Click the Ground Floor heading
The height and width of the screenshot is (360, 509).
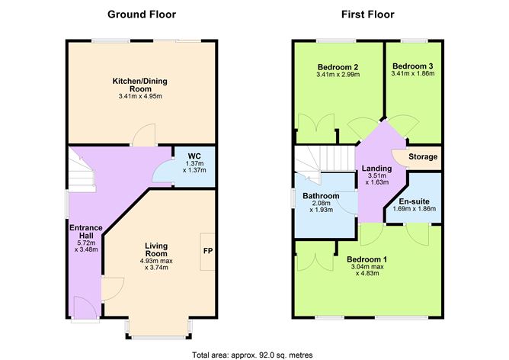[x=142, y=14]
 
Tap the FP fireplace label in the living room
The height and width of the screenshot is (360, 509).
[x=207, y=250]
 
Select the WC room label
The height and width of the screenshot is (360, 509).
[x=194, y=156]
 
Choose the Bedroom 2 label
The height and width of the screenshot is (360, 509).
[x=338, y=66]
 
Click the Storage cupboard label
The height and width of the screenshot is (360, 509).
[x=423, y=157]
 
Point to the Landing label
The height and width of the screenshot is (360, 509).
[x=376, y=169]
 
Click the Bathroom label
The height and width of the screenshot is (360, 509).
[x=321, y=196]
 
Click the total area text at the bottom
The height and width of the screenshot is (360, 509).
[x=252, y=355]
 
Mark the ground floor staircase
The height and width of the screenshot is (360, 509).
[x=81, y=169]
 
